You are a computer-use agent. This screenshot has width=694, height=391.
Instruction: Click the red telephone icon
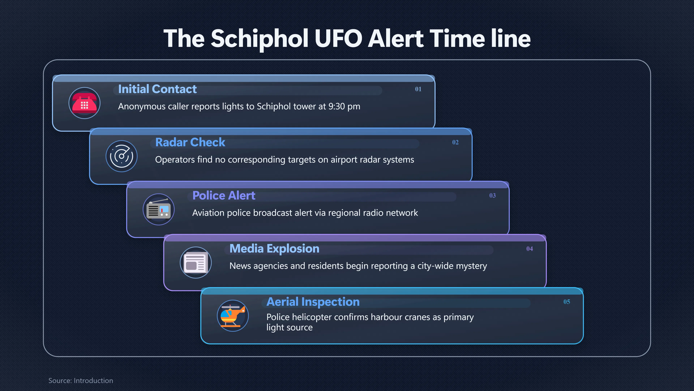(x=84, y=103)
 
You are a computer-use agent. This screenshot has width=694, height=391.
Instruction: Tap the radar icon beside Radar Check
(x=121, y=156)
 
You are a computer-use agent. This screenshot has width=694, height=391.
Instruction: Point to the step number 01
(x=418, y=89)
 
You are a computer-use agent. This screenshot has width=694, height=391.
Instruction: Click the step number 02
(x=455, y=142)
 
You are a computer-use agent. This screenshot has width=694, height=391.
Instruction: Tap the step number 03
(x=492, y=195)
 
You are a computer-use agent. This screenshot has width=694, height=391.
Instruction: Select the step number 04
(x=530, y=249)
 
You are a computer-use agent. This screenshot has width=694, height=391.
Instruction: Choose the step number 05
(x=567, y=302)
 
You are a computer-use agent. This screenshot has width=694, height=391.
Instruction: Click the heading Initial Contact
(x=157, y=89)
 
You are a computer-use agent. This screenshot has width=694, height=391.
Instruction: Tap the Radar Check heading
(x=190, y=142)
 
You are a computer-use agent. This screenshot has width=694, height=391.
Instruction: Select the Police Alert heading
(x=224, y=195)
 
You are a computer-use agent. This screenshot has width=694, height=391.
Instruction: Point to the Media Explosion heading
(x=274, y=249)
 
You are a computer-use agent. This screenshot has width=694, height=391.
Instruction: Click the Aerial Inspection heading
(x=313, y=302)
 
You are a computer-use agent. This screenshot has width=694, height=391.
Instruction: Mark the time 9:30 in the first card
(x=337, y=106)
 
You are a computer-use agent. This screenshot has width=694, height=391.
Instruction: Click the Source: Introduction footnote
(x=81, y=381)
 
